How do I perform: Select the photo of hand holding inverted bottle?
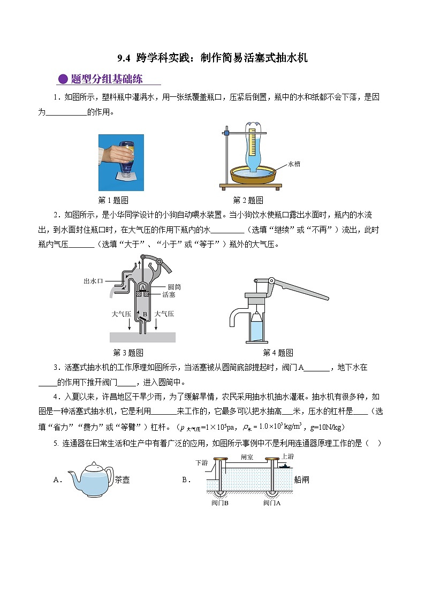[x=121, y=163]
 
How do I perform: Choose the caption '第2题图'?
[x=247, y=201]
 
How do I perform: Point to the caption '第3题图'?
[x=128, y=353]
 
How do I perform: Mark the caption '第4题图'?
[x=278, y=353]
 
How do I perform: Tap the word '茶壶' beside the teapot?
[x=122, y=480]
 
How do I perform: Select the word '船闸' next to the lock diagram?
[x=302, y=480]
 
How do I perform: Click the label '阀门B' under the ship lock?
[x=220, y=503]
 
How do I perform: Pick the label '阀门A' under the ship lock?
[x=272, y=503]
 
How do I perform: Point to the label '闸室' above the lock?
[x=247, y=458]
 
